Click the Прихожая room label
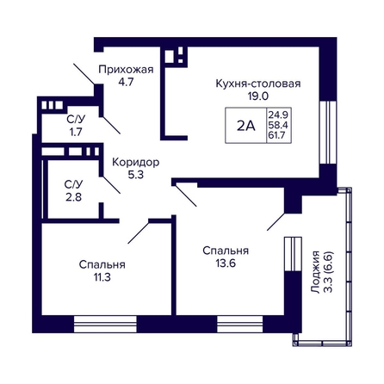pos(126,70)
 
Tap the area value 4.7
pos(126,82)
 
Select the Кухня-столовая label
pos(258,84)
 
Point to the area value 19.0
pos(258,96)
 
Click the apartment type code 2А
pos(246,126)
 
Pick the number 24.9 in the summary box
pos(278,115)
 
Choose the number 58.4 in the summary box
pos(278,125)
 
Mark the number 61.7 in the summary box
pos(277,134)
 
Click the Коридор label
pos(135,163)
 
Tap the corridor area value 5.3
pos(135,175)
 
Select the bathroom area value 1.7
pos(76,132)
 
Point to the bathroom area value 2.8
pos(73,197)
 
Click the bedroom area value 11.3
pos(102,277)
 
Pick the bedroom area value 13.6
pos(226,263)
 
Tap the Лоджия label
pos(315,272)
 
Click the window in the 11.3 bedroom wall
pos(105,325)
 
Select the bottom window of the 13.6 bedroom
pos(240,325)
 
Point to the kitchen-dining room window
pos(328,133)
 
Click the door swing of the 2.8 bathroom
pos(111,185)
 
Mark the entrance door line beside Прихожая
pos(84,74)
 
